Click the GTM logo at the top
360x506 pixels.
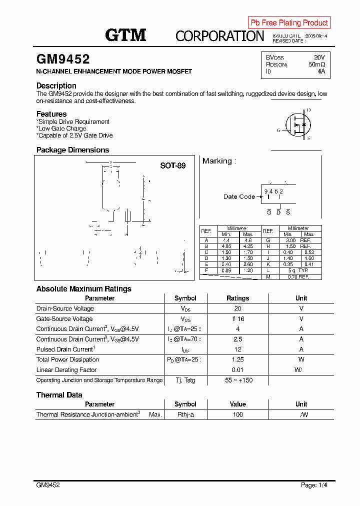pos(125,35)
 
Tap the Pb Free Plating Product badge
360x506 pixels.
pos(289,22)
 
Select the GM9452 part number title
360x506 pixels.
pos(63,59)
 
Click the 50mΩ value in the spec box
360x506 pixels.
pos(316,64)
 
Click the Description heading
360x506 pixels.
pos(56,85)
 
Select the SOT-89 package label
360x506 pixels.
pos(172,165)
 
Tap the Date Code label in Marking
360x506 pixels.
pos(239,196)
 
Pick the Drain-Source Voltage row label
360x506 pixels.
pos(65,308)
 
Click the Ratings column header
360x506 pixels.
pos(237,298)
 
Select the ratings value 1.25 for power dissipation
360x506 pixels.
pos(237,359)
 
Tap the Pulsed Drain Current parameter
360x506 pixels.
pos(64,349)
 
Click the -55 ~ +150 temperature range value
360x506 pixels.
pos(237,380)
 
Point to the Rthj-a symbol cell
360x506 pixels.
pos(185,414)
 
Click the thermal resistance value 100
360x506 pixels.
pos(237,414)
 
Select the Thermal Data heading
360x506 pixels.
pos(59,395)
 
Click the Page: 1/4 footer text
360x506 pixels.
pos(314,485)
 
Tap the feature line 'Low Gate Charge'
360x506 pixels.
pos(61,128)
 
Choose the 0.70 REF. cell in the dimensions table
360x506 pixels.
pos(298,276)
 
